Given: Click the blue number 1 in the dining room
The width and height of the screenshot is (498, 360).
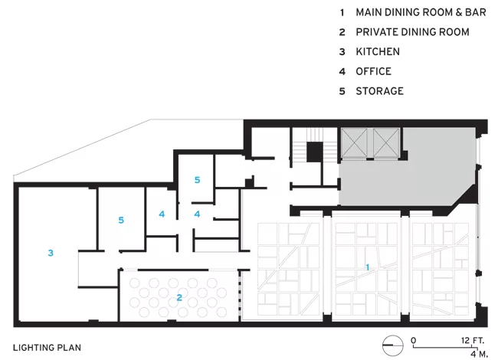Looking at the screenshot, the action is [368, 267].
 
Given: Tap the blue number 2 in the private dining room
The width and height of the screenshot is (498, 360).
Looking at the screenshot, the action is [179, 297].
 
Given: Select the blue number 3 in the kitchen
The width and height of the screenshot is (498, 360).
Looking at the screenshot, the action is [51, 253].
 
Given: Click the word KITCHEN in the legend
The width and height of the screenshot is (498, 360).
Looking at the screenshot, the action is [378, 51].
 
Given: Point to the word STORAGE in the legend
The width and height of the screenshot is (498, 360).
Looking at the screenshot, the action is [379, 91].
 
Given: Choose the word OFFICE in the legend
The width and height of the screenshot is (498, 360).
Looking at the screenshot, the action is [374, 71].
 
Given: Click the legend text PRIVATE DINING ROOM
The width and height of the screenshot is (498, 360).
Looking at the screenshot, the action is [412, 31].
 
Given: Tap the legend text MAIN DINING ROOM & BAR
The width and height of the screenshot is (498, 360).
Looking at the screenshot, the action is [421, 12].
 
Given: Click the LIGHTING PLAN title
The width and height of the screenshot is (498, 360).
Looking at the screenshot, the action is [47, 348].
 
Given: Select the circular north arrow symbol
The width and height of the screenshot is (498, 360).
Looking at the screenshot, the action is [393, 345].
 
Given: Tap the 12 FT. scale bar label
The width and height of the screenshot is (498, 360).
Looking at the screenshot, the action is [473, 340].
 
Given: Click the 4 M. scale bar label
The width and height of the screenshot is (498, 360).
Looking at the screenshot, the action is [479, 354].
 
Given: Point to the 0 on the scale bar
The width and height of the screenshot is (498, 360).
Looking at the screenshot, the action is [413, 340].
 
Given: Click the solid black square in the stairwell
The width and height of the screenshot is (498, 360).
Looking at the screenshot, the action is [314, 152].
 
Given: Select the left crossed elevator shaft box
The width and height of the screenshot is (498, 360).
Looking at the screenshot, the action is [354, 142].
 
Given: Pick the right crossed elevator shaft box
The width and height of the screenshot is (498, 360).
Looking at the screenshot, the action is [386, 142].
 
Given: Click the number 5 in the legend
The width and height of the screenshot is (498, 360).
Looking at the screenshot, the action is [342, 91].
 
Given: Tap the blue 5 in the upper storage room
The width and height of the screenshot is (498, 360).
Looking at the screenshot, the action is [197, 180].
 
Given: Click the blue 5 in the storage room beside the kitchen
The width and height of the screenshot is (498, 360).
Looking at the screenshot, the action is [121, 220].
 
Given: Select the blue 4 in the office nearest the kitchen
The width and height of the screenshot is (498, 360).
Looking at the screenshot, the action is [162, 214].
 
